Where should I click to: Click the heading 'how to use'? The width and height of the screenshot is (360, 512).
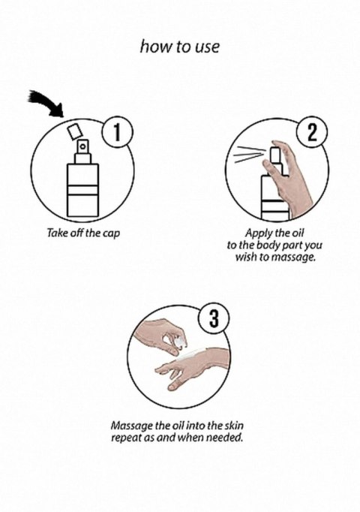180,47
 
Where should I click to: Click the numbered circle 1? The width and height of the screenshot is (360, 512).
116,133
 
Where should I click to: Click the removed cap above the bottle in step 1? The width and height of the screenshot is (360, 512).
74,132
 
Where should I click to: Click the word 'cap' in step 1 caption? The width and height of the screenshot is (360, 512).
110,234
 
